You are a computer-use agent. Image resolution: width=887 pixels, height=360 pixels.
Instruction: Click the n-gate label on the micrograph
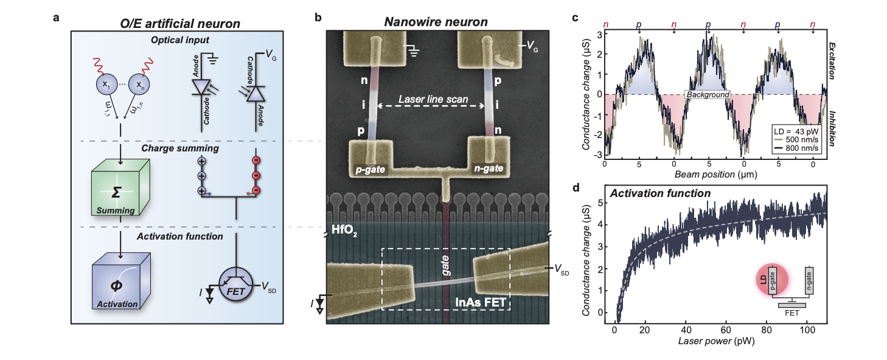489,168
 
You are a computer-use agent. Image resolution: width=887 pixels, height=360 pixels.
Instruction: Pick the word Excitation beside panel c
832,61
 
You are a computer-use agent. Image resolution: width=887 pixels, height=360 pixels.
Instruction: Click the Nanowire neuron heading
436,22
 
